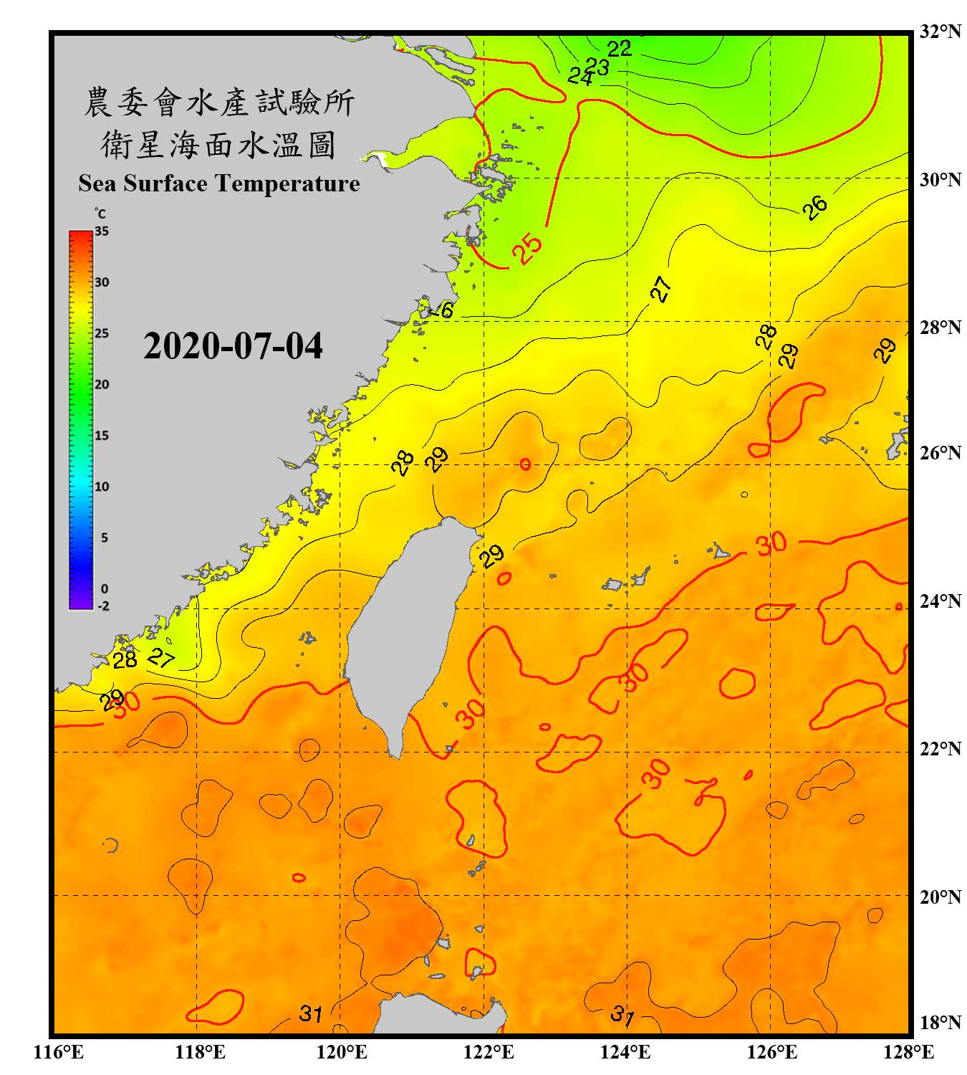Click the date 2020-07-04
click(233, 346)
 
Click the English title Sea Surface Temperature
click(219, 183)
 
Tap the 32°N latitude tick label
click(940, 32)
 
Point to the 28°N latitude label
click(940, 328)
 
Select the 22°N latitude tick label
click(940, 749)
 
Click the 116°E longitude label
click(59, 1052)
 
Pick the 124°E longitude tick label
click(625, 1052)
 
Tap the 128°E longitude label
click(908, 1052)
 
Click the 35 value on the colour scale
click(102, 231)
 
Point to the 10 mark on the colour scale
click(102, 487)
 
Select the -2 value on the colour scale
click(103, 606)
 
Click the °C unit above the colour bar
click(100, 214)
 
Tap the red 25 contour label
click(527, 248)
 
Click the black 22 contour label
click(619, 49)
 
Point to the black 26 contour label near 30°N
click(814, 207)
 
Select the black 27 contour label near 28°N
click(660, 289)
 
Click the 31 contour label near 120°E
click(310, 1013)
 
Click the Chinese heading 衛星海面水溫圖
click(218, 145)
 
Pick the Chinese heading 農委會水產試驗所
click(219, 102)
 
